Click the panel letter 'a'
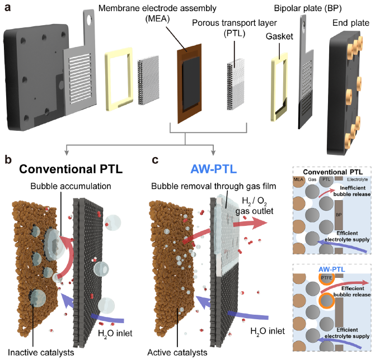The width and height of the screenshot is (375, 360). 7,8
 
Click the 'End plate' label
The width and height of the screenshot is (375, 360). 348,23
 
